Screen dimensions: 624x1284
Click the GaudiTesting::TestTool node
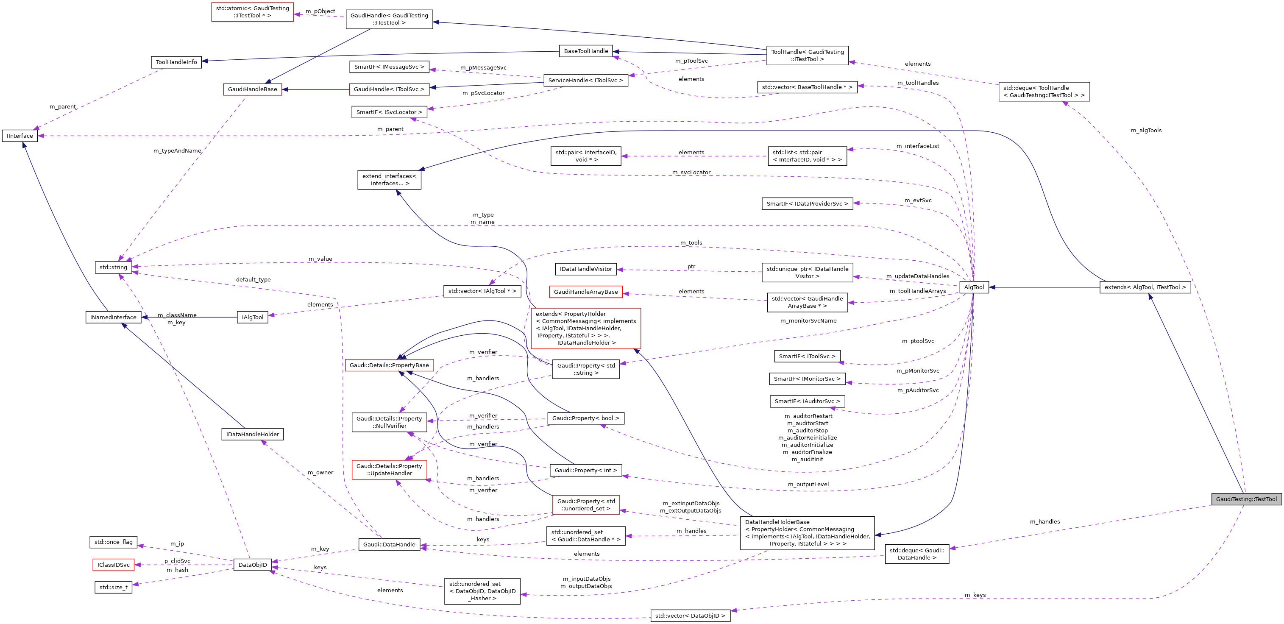[x=1246, y=499]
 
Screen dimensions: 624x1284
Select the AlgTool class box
[x=974, y=287]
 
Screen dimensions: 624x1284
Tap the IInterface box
[x=20, y=136]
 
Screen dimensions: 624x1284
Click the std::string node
[x=113, y=267]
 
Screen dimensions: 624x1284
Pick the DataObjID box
[x=253, y=565]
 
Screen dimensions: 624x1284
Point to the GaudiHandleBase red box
[x=252, y=89]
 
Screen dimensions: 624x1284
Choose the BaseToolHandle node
[x=586, y=51]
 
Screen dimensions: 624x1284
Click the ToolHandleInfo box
[x=176, y=62]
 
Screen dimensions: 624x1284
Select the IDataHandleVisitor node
[x=586, y=269]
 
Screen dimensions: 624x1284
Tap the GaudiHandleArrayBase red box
[x=586, y=292]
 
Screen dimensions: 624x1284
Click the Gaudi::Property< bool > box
[x=586, y=418]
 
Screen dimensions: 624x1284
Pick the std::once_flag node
[x=114, y=542]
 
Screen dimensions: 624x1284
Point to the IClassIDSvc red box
[x=114, y=565]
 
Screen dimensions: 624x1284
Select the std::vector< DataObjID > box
[x=690, y=616]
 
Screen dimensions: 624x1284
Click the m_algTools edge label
[x=1146, y=131]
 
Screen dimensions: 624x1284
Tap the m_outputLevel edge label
[x=808, y=484]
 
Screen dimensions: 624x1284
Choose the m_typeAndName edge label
[x=178, y=150]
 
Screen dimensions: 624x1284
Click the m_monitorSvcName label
[x=808, y=320]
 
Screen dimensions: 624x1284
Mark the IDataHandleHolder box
[x=252, y=434]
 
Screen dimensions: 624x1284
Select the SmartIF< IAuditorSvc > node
[x=807, y=401]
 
